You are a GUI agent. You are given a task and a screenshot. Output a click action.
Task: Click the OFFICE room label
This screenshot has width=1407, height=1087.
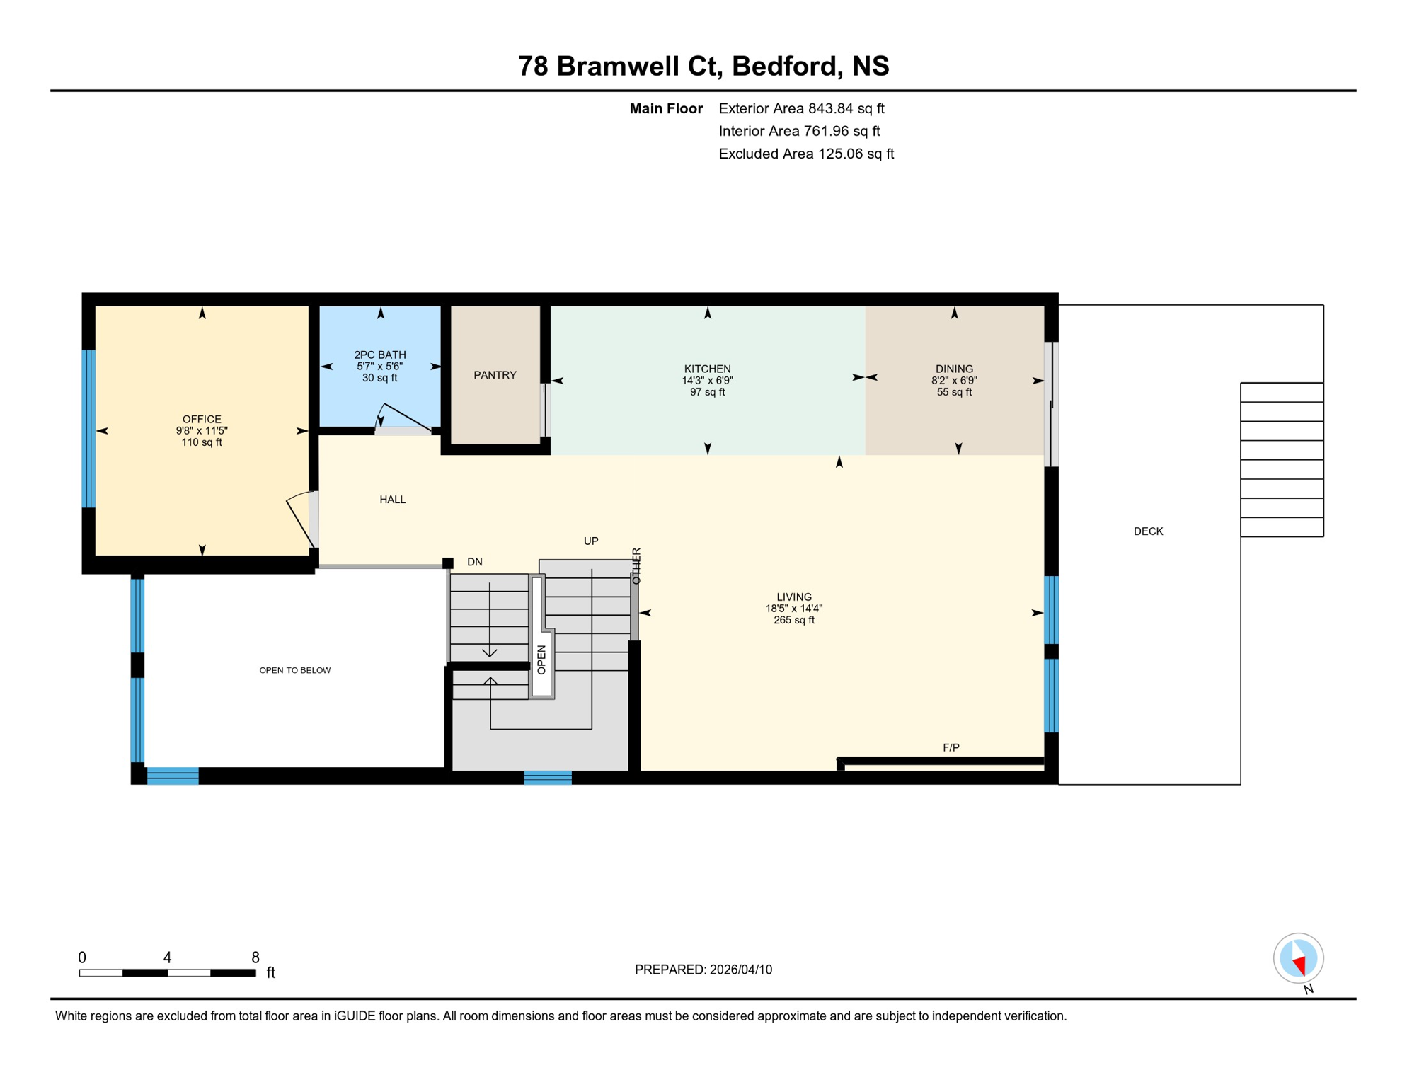(202, 419)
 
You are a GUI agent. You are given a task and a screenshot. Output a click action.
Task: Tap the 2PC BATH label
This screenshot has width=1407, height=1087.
(380, 355)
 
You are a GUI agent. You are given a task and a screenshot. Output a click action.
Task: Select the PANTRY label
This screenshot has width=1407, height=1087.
(495, 375)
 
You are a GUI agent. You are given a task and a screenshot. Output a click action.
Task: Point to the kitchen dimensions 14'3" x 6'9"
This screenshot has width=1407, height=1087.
(707, 381)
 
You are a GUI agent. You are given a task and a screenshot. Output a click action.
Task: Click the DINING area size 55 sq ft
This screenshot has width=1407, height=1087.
(954, 392)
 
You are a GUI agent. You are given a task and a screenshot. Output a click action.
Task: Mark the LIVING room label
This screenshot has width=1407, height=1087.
(793, 597)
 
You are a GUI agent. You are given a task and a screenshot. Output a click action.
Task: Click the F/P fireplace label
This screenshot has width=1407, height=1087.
(951, 747)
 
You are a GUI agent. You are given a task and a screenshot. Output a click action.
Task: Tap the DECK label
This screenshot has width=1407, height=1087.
(1148, 531)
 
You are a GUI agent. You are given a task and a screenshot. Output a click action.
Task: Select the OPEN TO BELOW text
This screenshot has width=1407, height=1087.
(294, 670)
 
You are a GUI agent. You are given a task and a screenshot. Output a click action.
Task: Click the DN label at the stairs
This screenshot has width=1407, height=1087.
(474, 562)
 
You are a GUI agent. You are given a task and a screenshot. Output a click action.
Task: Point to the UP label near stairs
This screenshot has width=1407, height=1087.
(591, 541)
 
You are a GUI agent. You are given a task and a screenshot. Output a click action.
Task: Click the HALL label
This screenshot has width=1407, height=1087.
(392, 500)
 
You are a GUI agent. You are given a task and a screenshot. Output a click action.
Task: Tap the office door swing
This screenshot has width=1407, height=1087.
(301, 518)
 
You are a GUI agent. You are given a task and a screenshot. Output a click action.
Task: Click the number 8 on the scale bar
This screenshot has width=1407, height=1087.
(255, 957)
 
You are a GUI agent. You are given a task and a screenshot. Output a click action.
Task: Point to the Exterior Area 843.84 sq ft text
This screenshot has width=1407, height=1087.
(801, 108)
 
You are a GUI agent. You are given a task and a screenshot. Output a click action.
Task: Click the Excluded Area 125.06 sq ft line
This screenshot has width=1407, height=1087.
(806, 154)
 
